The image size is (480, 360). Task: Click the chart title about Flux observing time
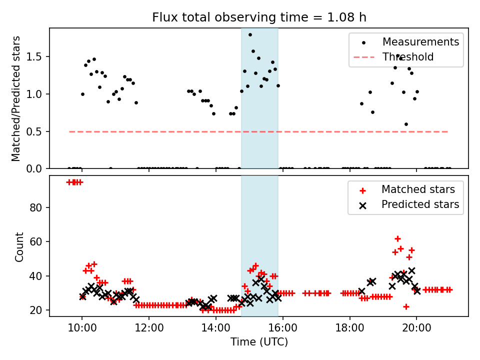(x=259, y=17)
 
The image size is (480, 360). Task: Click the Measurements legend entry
(x=420, y=42)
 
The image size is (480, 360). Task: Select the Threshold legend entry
(x=408, y=57)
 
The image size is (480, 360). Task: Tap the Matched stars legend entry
(x=418, y=189)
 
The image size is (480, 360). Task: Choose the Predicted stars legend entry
(x=420, y=204)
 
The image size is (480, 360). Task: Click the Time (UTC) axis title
(x=259, y=342)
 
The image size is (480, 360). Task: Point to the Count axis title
(x=19, y=247)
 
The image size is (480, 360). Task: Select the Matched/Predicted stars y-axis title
(x=16, y=98)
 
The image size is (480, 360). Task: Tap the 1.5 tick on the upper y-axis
(x=37, y=57)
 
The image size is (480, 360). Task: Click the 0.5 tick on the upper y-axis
(x=37, y=131)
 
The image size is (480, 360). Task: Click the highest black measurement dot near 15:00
(x=250, y=34)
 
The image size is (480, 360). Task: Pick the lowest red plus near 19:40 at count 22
(x=406, y=306)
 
